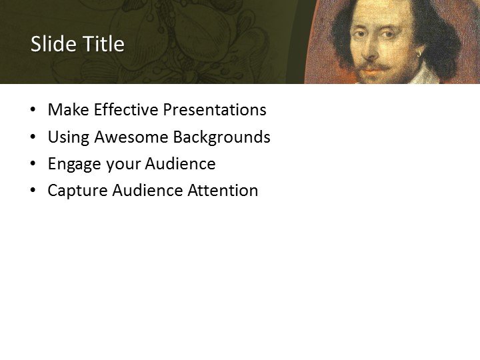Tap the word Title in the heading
104,44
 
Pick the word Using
69,137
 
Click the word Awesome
131,137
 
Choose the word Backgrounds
221,137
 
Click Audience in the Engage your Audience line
180,164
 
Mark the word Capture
77,191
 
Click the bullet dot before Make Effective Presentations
33,111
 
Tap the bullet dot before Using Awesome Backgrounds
33,138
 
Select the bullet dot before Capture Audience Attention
33,191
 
